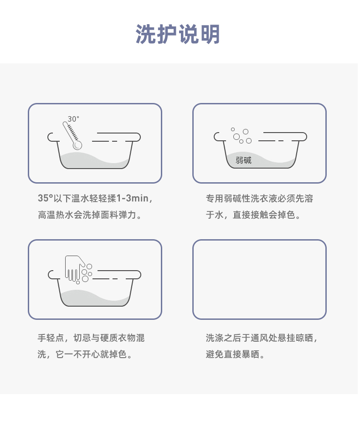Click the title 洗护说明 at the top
coord(178,34)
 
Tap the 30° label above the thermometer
coord(73,119)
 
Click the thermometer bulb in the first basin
coord(77,145)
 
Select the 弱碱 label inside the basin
coord(243,160)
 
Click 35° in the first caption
coord(46,198)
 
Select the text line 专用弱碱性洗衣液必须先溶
coord(259,198)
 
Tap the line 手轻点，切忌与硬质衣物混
coord(91,338)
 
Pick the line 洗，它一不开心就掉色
coord(85,354)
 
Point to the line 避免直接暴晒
coord(235,354)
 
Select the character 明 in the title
coord(210,34)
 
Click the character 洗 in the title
coord(146,34)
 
